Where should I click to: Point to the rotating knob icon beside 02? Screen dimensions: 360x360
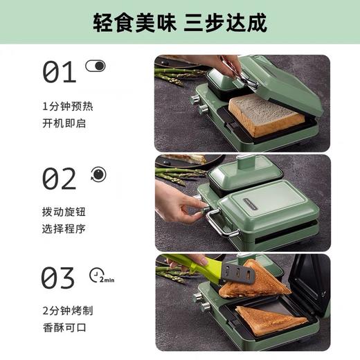tap(96, 173)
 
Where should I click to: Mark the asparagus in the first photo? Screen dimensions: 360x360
tap(177, 74)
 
